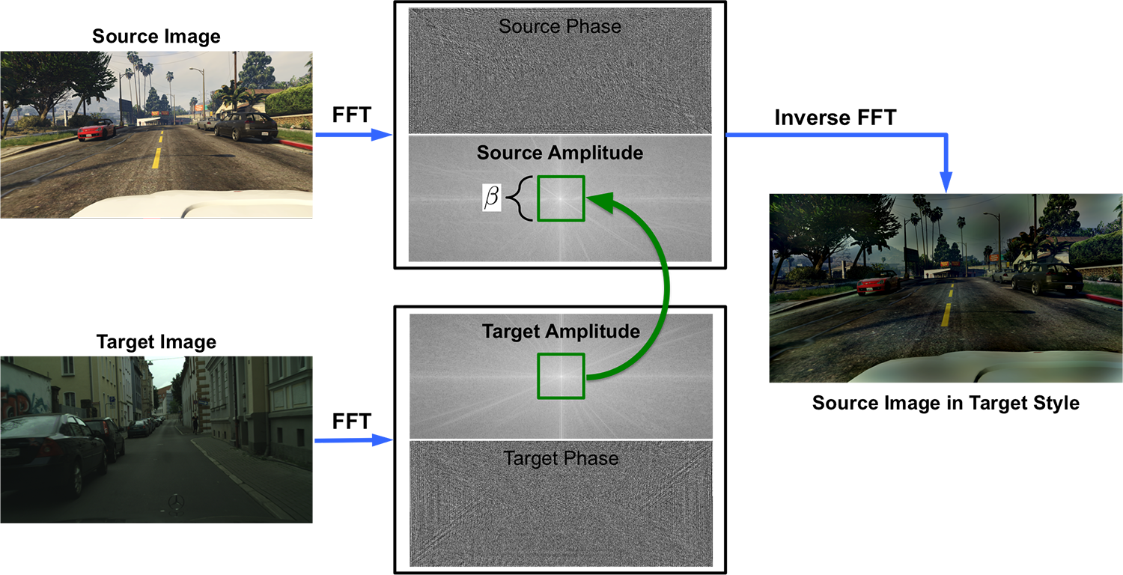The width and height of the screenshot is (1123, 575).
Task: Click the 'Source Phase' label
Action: coord(560,27)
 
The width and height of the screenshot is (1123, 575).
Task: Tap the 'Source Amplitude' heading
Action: coord(560,153)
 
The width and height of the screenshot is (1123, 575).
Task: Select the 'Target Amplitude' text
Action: coord(560,331)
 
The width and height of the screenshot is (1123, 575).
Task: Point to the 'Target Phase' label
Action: coord(561,458)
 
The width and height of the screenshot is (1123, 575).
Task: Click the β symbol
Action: coord(492,198)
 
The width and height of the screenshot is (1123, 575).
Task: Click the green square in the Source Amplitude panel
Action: coord(561,198)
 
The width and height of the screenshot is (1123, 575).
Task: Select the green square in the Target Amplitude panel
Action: coord(561,376)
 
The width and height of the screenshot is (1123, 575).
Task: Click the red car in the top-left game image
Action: coord(97,131)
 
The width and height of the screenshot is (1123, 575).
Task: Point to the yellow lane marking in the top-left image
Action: coord(156,158)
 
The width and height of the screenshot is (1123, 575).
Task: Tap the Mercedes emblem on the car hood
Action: coord(176,501)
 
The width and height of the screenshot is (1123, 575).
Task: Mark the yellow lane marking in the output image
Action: coord(946,314)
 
